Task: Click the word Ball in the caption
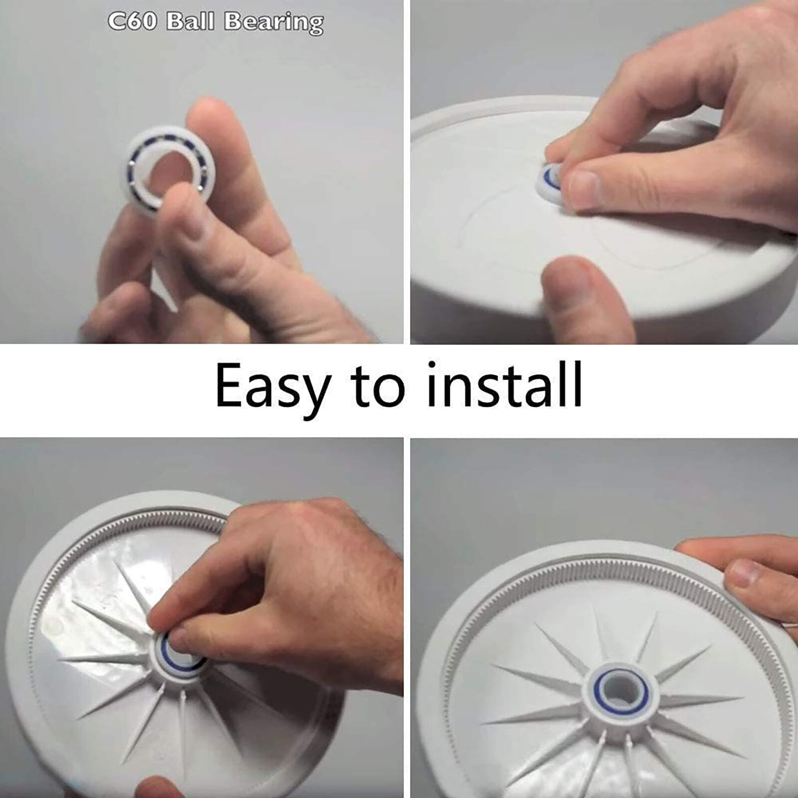[x=190, y=21]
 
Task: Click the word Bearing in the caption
[x=273, y=23]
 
